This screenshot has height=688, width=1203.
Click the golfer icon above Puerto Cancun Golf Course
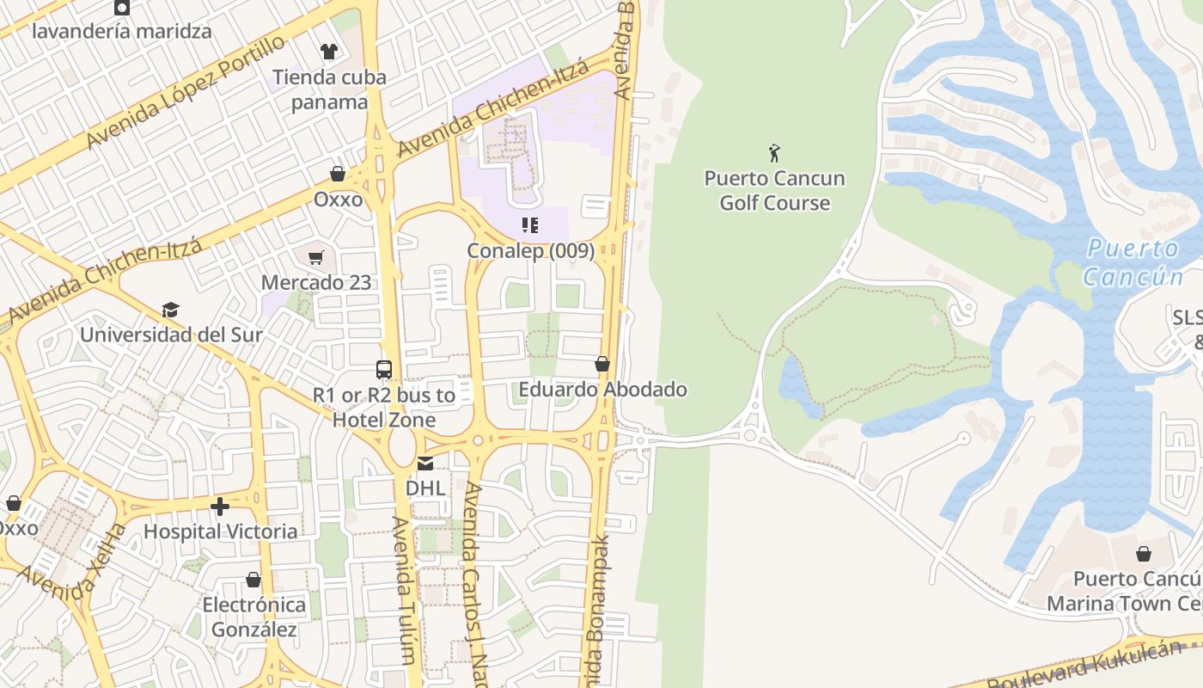774,153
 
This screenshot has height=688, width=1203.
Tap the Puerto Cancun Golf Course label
774,191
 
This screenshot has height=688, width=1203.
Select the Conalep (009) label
530,250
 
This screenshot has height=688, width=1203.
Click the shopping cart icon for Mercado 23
316,257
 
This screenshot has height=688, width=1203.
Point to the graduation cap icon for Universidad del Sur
170,310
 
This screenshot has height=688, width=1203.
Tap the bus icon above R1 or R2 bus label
384,370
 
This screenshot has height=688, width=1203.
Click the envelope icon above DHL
425,464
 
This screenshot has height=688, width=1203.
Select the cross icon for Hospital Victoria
220,507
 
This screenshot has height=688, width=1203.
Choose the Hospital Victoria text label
220,531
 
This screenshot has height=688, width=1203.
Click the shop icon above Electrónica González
253,580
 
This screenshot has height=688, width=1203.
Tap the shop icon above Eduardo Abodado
602,364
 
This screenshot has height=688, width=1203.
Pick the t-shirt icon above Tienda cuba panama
328,52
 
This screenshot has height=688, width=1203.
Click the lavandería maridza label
122,32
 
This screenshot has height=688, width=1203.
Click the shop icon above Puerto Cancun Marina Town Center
1143,553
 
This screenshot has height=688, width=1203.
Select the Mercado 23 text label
316,282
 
